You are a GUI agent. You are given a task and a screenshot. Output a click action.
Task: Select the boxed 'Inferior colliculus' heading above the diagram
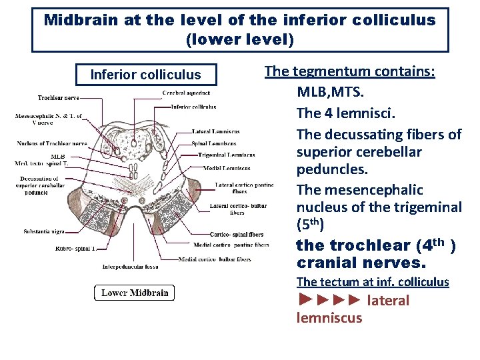tap(145, 74)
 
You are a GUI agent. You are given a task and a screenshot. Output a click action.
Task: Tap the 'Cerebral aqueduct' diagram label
tap(186, 93)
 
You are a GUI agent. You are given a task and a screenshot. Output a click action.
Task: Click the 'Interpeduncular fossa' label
tap(130, 267)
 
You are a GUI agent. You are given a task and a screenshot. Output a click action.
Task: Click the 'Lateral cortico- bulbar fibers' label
tap(237, 209)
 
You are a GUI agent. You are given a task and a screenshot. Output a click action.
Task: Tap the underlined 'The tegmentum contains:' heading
tap(350, 71)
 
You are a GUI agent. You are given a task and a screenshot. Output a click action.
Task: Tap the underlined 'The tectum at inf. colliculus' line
tap(373, 282)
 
